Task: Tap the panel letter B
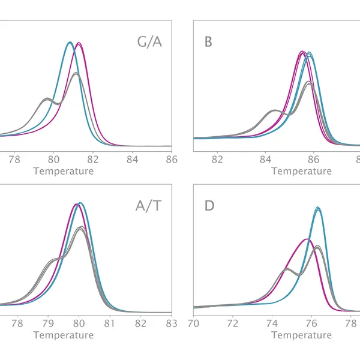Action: pos(209,42)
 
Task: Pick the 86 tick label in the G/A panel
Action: pos(172,159)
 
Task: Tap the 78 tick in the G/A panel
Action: pos(14,159)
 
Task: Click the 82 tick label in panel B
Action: pos(218,159)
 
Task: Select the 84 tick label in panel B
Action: pos(266,159)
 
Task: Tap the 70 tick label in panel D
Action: pos(194,323)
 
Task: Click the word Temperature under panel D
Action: pos(302,335)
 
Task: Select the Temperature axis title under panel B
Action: pos(302,171)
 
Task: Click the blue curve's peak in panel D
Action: pos(318,208)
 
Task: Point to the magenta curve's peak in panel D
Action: pos(307,239)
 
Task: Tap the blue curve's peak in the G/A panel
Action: pos(70,42)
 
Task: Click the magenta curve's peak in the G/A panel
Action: pos(79,43)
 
